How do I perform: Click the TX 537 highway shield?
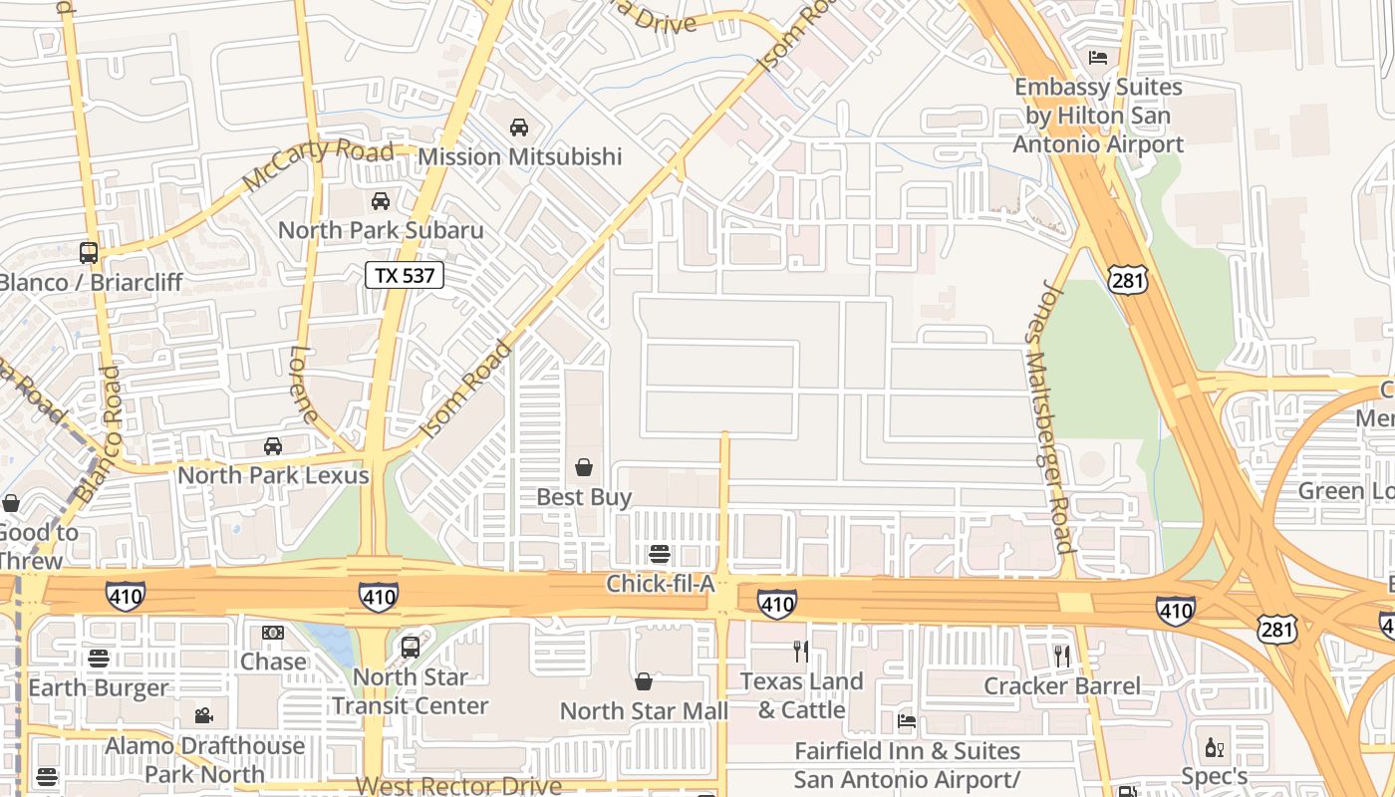click(404, 275)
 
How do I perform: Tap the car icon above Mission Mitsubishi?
click(518, 128)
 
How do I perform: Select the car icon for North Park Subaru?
click(380, 201)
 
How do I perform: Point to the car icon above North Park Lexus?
click(272, 446)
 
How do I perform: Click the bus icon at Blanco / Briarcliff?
click(89, 253)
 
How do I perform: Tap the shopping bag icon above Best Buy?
click(584, 467)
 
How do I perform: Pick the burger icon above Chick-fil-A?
click(659, 554)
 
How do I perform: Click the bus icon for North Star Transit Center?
click(410, 648)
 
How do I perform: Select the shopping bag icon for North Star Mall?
click(644, 682)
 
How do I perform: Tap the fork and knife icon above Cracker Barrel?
click(1061, 656)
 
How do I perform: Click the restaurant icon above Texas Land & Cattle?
click(800, 652)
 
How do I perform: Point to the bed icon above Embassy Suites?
click(1098, 58)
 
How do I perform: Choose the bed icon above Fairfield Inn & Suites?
click(906, 721)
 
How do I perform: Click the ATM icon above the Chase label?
click(272, 633)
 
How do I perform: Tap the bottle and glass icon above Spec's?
click(1214, 747)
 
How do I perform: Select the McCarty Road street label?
click(319, 165)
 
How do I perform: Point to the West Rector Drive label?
click(458, 785)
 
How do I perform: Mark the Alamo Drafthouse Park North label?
click(204, 759)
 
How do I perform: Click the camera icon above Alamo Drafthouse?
click(203, 715)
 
